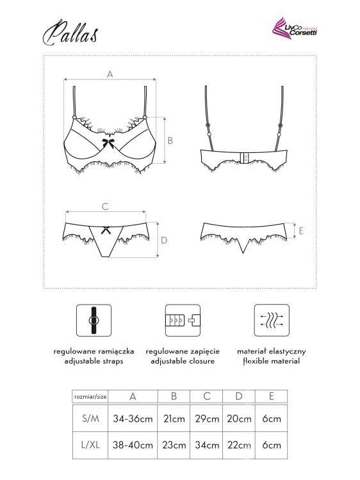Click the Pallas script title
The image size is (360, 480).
click(70, 33)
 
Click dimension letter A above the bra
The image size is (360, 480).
click(110, 74)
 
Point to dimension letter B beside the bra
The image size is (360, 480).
click(170, 141)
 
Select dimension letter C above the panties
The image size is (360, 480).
click(105, 207)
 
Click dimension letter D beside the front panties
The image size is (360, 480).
click(164, 240)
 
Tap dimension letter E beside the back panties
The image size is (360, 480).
click(301, 231)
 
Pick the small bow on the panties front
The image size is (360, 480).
click(106, 230)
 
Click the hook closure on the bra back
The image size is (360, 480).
click(245, 157)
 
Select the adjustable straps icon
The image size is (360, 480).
click(94, 320)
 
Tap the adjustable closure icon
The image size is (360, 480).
click(183, 320)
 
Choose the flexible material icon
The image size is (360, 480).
click(272, 320)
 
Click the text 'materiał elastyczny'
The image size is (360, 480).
click(272, 351)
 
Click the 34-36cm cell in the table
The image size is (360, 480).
click(133, 419)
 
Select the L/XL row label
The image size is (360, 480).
click(90, 445)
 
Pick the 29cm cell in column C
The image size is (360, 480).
click(207, 419)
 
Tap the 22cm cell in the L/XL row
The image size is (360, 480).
click(239, 445)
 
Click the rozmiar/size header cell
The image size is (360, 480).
click(90, 396)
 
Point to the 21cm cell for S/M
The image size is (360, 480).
click(174, 419)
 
